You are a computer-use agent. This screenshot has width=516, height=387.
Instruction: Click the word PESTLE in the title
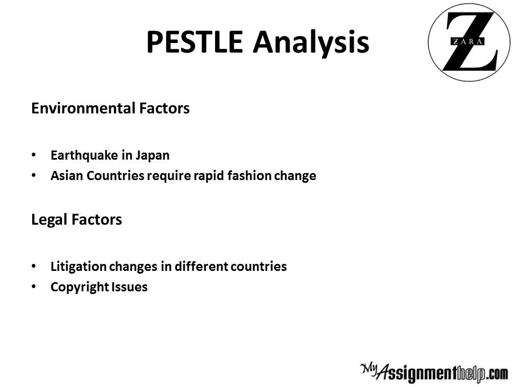pyautogui.click(x=195, y=42)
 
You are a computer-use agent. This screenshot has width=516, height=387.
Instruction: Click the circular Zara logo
pyautogui.click(x=469, y=42)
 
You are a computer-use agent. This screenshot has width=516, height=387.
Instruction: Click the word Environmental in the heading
pyautogui.click(x=83, y=108)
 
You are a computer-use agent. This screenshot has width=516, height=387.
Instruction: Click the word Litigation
pyautogui.click(x=78, y=267)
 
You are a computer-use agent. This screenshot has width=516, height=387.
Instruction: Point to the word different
pyautogui.click(x=201, y=266)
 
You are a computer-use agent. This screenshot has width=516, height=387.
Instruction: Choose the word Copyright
pyautogui.click(x=80, y=287)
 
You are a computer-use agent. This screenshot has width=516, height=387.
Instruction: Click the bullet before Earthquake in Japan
pyautogui.click(x=33, y=155)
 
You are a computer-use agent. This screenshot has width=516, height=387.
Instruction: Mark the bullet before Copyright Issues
pyautogui.click(x=33, y=286)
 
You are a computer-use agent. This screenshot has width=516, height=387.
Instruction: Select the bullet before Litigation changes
pyautogui.click(x=33, y=266)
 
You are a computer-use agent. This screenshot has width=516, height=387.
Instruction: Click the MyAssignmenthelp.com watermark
pyautogui.click(x=434, y=373)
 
